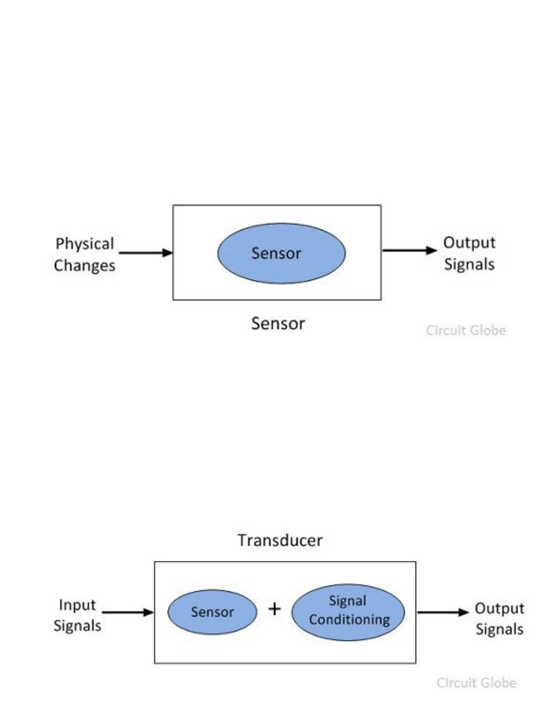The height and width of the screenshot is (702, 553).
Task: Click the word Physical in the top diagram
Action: pyautogui.click(x=85, y=244)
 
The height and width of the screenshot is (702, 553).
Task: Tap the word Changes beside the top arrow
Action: pyautogui.click(x=85, y=265)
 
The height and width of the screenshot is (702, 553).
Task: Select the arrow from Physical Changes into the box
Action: pyautogui.click(x=146, y=253)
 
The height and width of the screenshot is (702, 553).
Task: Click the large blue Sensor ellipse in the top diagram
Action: pyautogui.click(x=282, y=253)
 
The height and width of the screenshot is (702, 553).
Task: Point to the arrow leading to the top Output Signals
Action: pyautogui.click(x=410, y=251)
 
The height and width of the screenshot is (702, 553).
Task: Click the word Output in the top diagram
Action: pyautogui.click(x=470, y=243)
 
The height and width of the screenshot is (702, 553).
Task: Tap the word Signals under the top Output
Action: pyautogui.click(x=470, y=264)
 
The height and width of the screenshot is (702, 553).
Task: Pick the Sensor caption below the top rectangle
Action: pyautogui.click(x=278, y=323)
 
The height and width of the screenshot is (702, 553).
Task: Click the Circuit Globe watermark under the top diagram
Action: pyautogui.click(x=466, y=330)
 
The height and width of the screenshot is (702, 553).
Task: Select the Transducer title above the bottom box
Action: pyautogui.click(x=280, y=541)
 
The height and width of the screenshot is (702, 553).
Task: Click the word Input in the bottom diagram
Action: pyautogui.click(x=77, y=605)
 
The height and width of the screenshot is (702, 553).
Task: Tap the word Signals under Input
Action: pyautogui.click(x=77, y=625)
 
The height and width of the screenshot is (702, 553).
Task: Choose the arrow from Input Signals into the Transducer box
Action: pyautogui.click(x=128, y=612)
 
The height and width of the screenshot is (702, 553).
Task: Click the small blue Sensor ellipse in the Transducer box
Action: pyautogui.click(x=213, y=612)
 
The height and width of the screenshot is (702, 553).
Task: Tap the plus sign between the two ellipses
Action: pyautogui.click(x=275, y=609)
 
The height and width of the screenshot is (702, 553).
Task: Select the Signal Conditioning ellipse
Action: pyautogui.click(x=348, y=612)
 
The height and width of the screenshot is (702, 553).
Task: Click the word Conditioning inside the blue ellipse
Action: pyautogui.click(x=349, y=620)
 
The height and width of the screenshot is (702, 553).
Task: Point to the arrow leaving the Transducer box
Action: pyautogui.click(x=443, y=612)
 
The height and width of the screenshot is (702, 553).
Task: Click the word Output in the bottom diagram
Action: pyautogui.click(x=499, y=608)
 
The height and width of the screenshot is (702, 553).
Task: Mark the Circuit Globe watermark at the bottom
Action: pyautogui.click(x=477, y=683)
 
